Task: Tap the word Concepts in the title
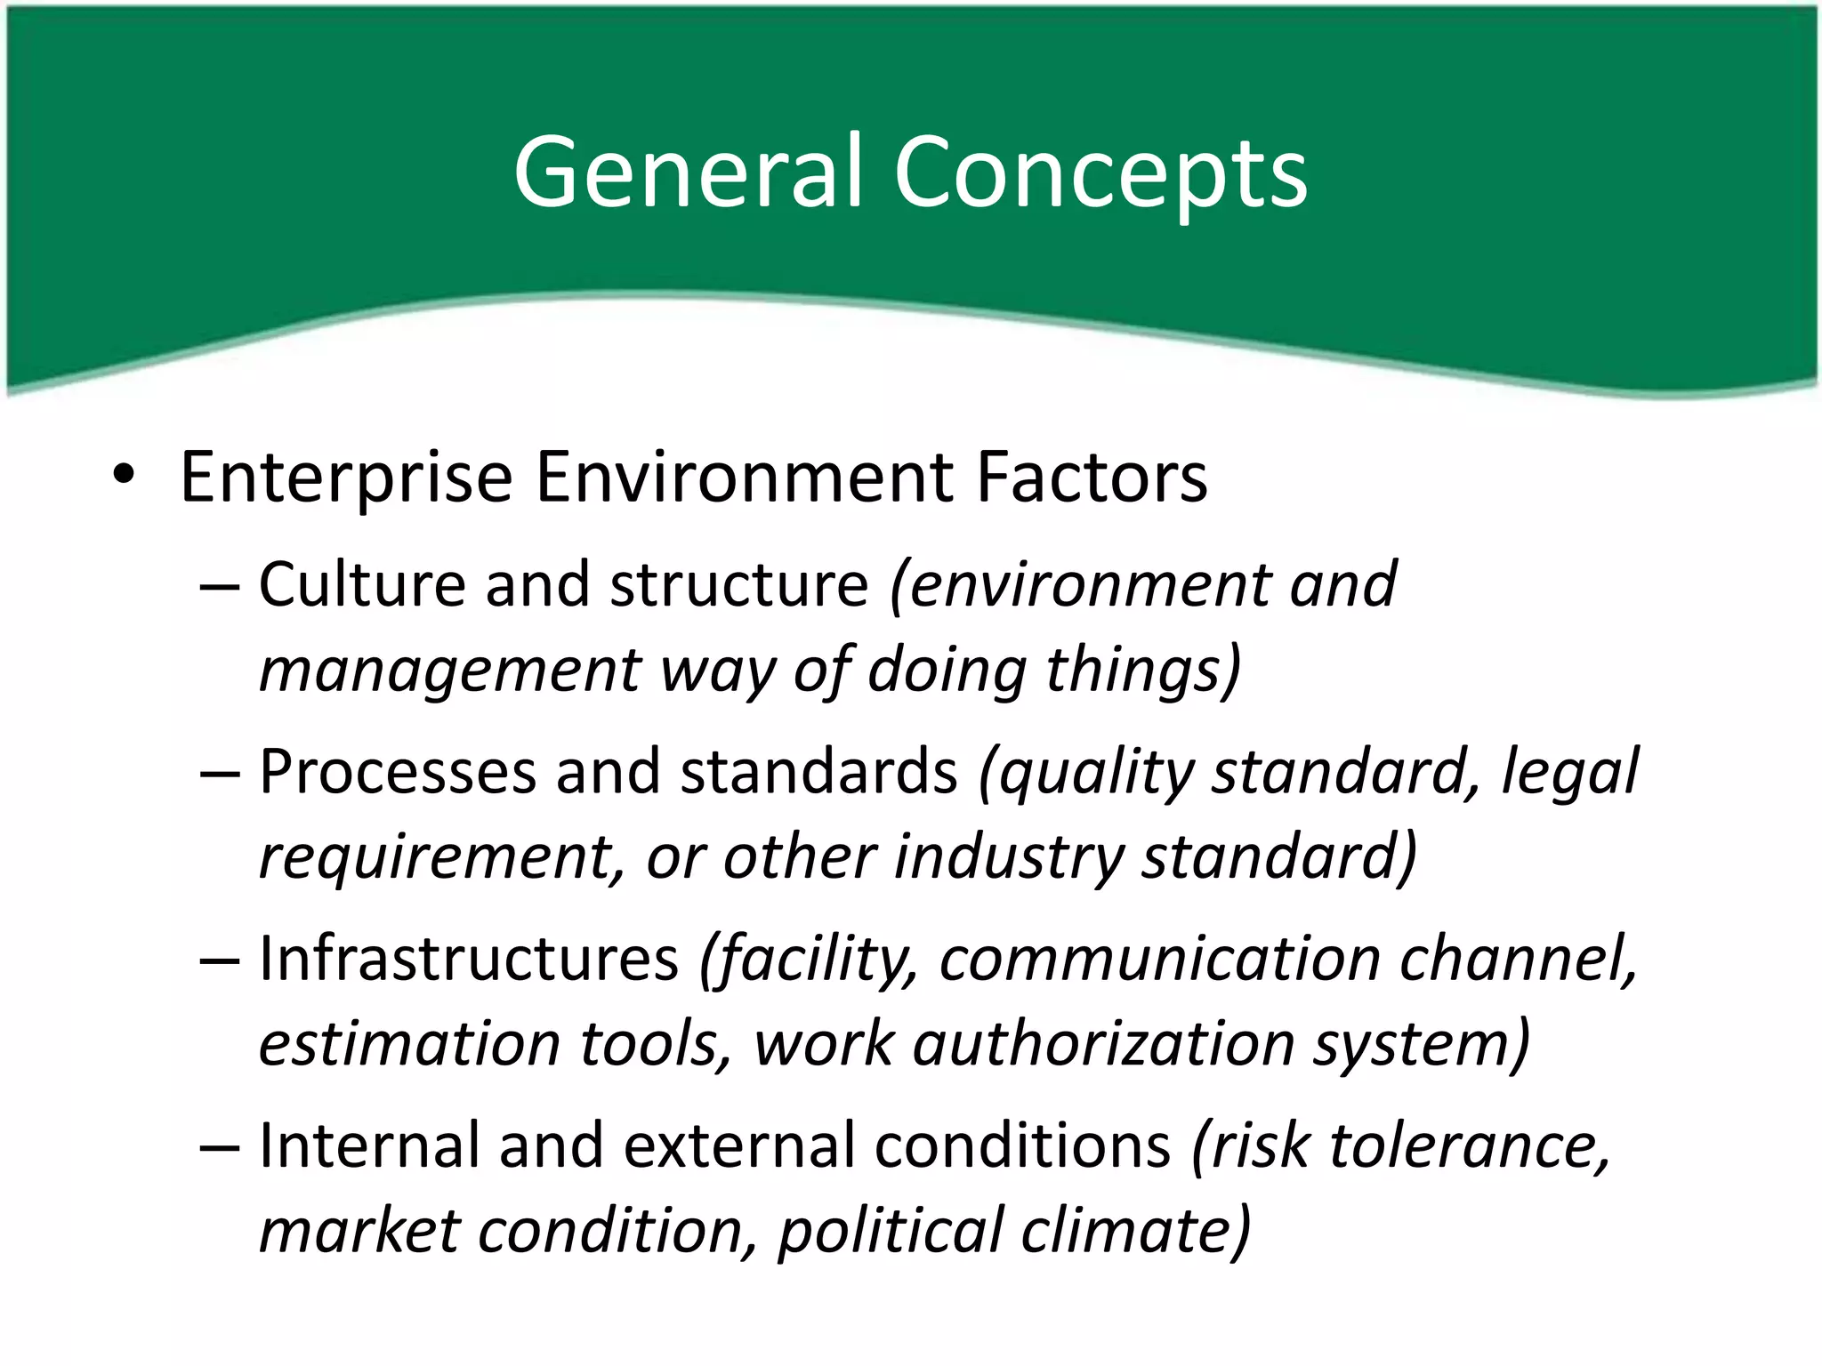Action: tap(1100, 173)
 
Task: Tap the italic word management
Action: tap(450, 671)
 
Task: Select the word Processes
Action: tap(398, 771)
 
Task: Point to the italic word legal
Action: tap(1569, 773)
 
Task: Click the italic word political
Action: tap(890, 1231)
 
